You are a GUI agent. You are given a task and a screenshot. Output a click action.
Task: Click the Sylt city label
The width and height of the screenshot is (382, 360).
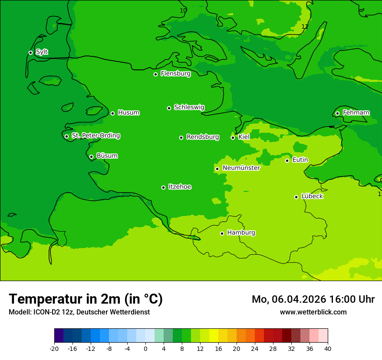coord(42,52)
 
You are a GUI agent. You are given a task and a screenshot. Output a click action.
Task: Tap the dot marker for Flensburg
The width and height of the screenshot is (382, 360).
coord(155,74)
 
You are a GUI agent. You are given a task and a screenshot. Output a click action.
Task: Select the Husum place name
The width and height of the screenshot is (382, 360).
coord(128,113)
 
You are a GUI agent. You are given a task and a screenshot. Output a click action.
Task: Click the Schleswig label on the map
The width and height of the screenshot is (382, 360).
coord(189,107)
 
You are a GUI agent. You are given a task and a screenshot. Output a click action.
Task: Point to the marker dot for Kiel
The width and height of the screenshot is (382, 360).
coord(233,137)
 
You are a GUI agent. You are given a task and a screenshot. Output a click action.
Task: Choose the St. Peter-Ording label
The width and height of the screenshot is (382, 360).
coord(95,135)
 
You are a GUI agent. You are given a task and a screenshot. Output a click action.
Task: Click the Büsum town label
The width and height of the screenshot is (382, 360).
coord(107,156)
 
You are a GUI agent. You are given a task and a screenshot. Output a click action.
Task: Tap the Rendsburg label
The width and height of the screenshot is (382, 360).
coord(202,137)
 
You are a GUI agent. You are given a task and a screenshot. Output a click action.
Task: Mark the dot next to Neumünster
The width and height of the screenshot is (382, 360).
coord(217,169)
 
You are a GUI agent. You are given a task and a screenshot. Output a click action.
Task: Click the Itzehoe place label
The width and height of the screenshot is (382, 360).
coord(180,187)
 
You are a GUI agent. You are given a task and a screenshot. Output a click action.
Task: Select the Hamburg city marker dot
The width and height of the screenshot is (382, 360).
coord(222,233)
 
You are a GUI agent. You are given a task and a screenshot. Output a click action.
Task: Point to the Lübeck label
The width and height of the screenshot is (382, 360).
coord(312,196)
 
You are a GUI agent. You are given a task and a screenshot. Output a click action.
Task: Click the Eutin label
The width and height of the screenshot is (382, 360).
coord(300,160)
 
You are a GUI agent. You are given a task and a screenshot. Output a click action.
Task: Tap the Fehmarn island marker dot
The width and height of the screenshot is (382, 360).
coord(337,113)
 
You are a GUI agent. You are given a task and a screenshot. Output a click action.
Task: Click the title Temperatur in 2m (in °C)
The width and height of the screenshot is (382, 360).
coord(86,299)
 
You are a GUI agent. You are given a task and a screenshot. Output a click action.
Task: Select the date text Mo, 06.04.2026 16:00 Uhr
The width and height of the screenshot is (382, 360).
coord(313,299)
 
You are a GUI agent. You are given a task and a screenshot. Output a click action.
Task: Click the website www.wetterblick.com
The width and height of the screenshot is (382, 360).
coord(313,312)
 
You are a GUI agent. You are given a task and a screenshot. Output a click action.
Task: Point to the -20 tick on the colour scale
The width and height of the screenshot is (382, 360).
coord(54,348)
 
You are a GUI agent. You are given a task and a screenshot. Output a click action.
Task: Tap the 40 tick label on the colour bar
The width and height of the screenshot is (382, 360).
coord(328,348)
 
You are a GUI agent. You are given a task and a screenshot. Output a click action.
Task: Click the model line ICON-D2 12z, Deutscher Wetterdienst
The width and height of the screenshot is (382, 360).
coord(79,312)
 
